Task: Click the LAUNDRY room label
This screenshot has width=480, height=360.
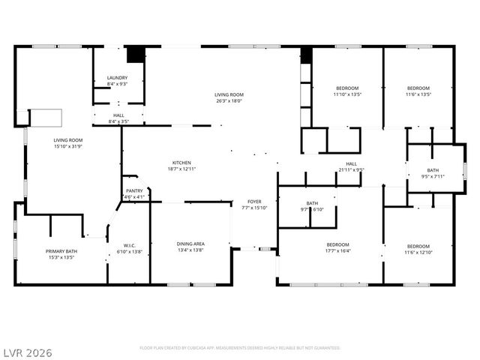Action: [117, 77]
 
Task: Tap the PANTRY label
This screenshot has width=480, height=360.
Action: [133, 191]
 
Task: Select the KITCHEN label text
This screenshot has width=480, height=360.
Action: [181, 163]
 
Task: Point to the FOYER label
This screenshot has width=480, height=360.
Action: [255, 202]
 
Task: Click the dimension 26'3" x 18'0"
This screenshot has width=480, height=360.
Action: [229, 100]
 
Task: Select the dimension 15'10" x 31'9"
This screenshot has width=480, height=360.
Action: [67, 146]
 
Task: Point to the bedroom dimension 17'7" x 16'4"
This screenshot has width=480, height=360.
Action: [337, 251]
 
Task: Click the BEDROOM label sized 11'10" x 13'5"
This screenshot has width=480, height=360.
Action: [347, 88]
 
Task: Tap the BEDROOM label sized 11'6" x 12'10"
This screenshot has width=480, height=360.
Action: [418, 246]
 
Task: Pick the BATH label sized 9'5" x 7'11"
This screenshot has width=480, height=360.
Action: [433, 170]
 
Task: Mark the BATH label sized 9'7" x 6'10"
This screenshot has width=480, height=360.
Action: [312, 203]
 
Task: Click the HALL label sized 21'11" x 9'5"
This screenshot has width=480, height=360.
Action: [351, 163]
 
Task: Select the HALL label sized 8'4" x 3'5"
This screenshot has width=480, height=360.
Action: [118, 115]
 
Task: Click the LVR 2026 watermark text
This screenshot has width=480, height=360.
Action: [27, 352]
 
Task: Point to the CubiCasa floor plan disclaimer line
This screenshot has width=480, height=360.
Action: [240, 348]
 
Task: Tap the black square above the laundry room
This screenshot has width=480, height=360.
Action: [135, 55]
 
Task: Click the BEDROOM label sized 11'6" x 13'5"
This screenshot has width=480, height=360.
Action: [418, 88]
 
